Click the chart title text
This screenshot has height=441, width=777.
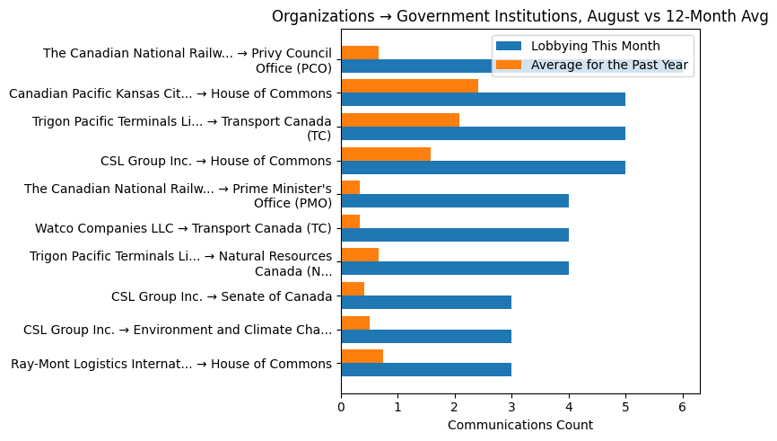tap(521, 16)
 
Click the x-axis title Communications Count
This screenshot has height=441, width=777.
tap(519, 425)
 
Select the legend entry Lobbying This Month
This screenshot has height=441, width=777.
tap(595, 46)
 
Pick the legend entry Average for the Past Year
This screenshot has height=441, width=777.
tap(609, 65)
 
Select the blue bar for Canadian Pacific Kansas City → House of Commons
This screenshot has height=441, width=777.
tap(483, 100)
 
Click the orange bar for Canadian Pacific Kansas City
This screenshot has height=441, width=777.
tap(409, 86)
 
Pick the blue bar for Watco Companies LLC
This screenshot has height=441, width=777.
tap(455, 234)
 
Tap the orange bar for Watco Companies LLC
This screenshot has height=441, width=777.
tap(351, 221)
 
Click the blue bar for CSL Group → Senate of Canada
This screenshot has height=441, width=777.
tap(426, 302)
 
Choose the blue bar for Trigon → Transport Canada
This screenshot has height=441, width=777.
tap(483, 134)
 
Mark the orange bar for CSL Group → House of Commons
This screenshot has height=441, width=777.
tap(386, 154)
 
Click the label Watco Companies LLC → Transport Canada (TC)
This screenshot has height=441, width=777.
tap(183, 229)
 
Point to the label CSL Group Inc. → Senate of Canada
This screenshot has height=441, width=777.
tap(222, 296)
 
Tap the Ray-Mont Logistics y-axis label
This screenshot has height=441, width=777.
tap(170, 364)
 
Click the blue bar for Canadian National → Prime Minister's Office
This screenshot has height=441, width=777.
tap(455, 201)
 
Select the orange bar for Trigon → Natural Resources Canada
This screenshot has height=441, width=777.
tap(360, 255)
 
